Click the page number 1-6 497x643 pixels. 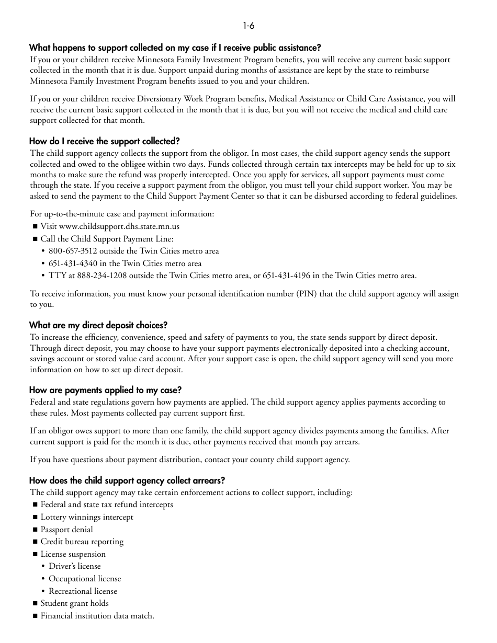pos(249,26)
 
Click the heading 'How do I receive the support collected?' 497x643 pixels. pos(104,142)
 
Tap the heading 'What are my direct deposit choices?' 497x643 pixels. pos(98,326)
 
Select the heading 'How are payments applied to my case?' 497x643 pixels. pos(105,391)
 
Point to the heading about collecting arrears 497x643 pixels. pos(127,481)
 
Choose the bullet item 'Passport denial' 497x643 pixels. pos(66,530)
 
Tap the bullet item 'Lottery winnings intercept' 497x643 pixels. pos(87,518)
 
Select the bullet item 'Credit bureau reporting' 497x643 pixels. pos(82,542)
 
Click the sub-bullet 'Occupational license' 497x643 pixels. pos(85,579)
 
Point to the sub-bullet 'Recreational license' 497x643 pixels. pos(83,592)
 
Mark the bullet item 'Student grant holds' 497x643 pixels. pos(75,604)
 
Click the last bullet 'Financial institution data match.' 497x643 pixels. pos(97,616)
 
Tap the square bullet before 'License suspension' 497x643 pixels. pos(35,555)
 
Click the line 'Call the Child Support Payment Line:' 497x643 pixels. pos(107,239)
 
